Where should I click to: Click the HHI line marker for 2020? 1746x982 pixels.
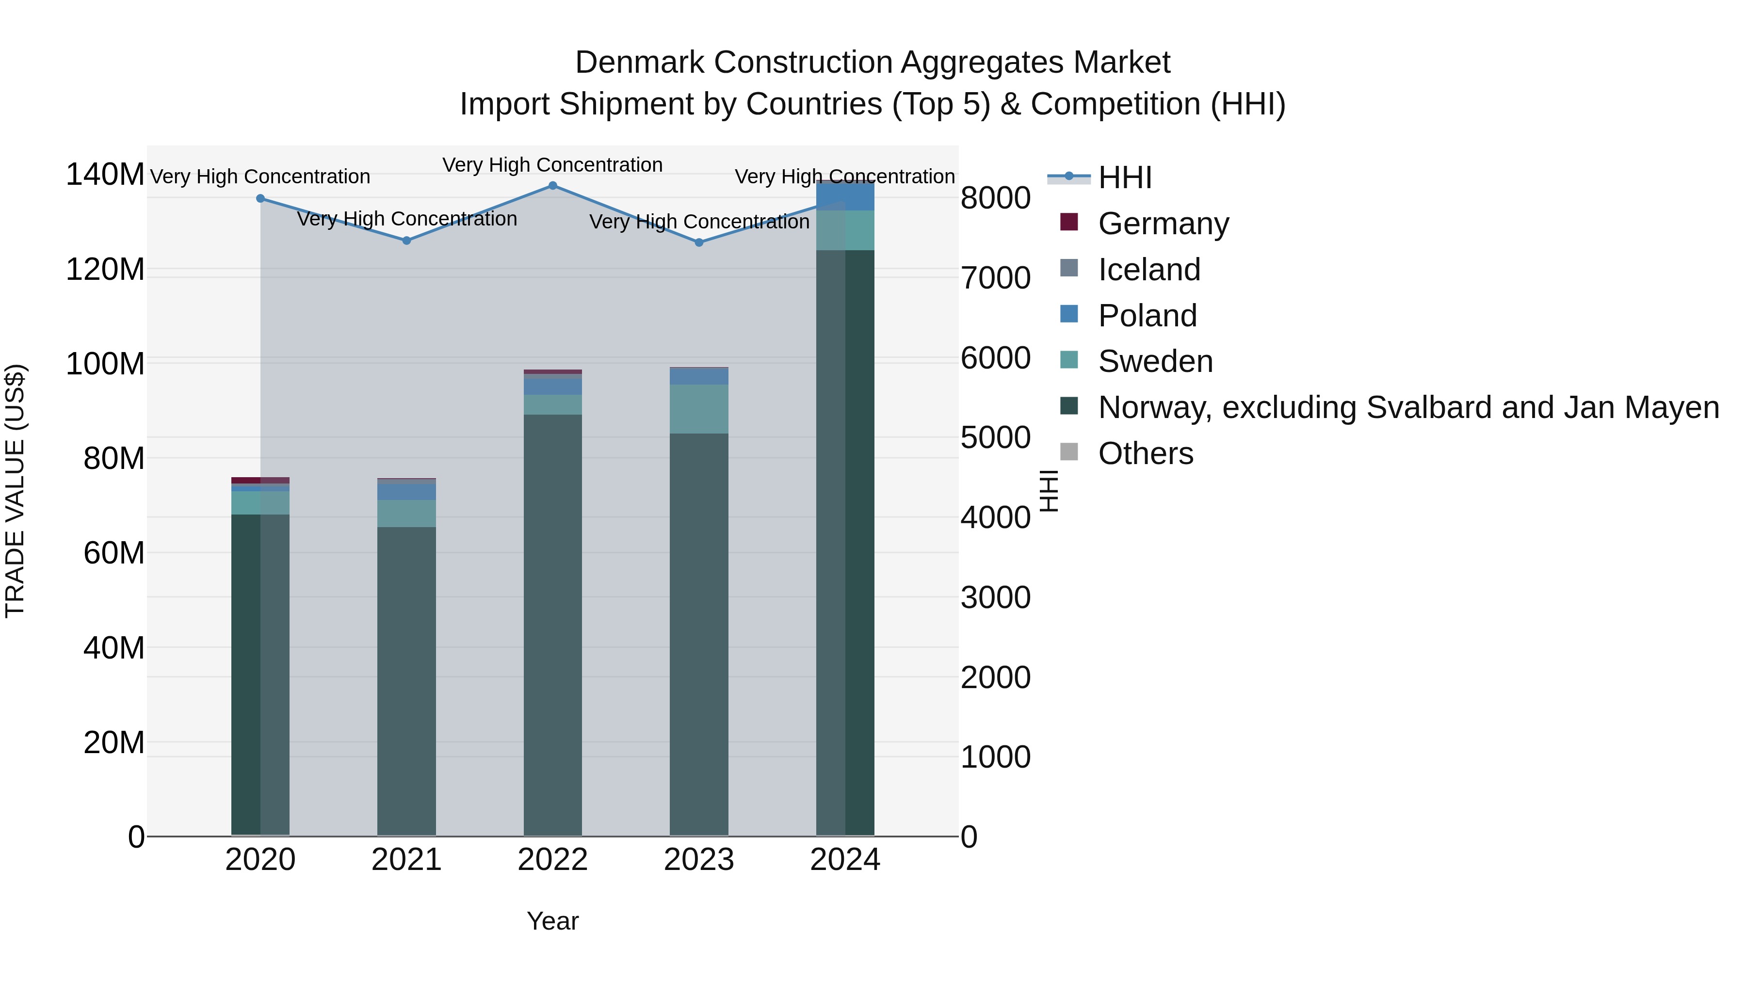pyautogui.click(x=260, y=198)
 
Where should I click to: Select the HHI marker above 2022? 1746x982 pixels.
pyautogui.click(x=552, y=186)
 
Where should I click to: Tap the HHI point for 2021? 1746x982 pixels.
pyautogui.click(x=407, y=241)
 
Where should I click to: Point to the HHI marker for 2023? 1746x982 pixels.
pyautogui.click(x=699, y=242)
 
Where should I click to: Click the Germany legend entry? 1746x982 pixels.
pyautogui.click(x=1163, y=224)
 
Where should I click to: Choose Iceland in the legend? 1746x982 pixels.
pyautogui.click(x=1149, y=270)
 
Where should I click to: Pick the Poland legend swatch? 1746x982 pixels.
pyautogui.click(x=1069, y=314)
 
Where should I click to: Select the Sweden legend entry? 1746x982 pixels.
pyautogui.click(x=1155, y=361)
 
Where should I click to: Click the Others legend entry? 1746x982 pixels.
pyautogui.click(x=1146, y=453)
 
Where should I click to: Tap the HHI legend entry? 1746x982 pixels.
pyautogui.click(x=1125, y=177)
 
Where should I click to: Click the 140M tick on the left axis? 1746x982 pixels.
pyautogui.click(x=104, y=175)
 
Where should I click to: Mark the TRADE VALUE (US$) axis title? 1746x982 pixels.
pyautogui.click(x=15, y=491)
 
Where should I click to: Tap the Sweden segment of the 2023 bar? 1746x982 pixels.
pyautogui.click(x=699, y=409)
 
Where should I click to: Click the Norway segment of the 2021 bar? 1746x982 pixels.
pyautogui.click(x=407, y=678)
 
